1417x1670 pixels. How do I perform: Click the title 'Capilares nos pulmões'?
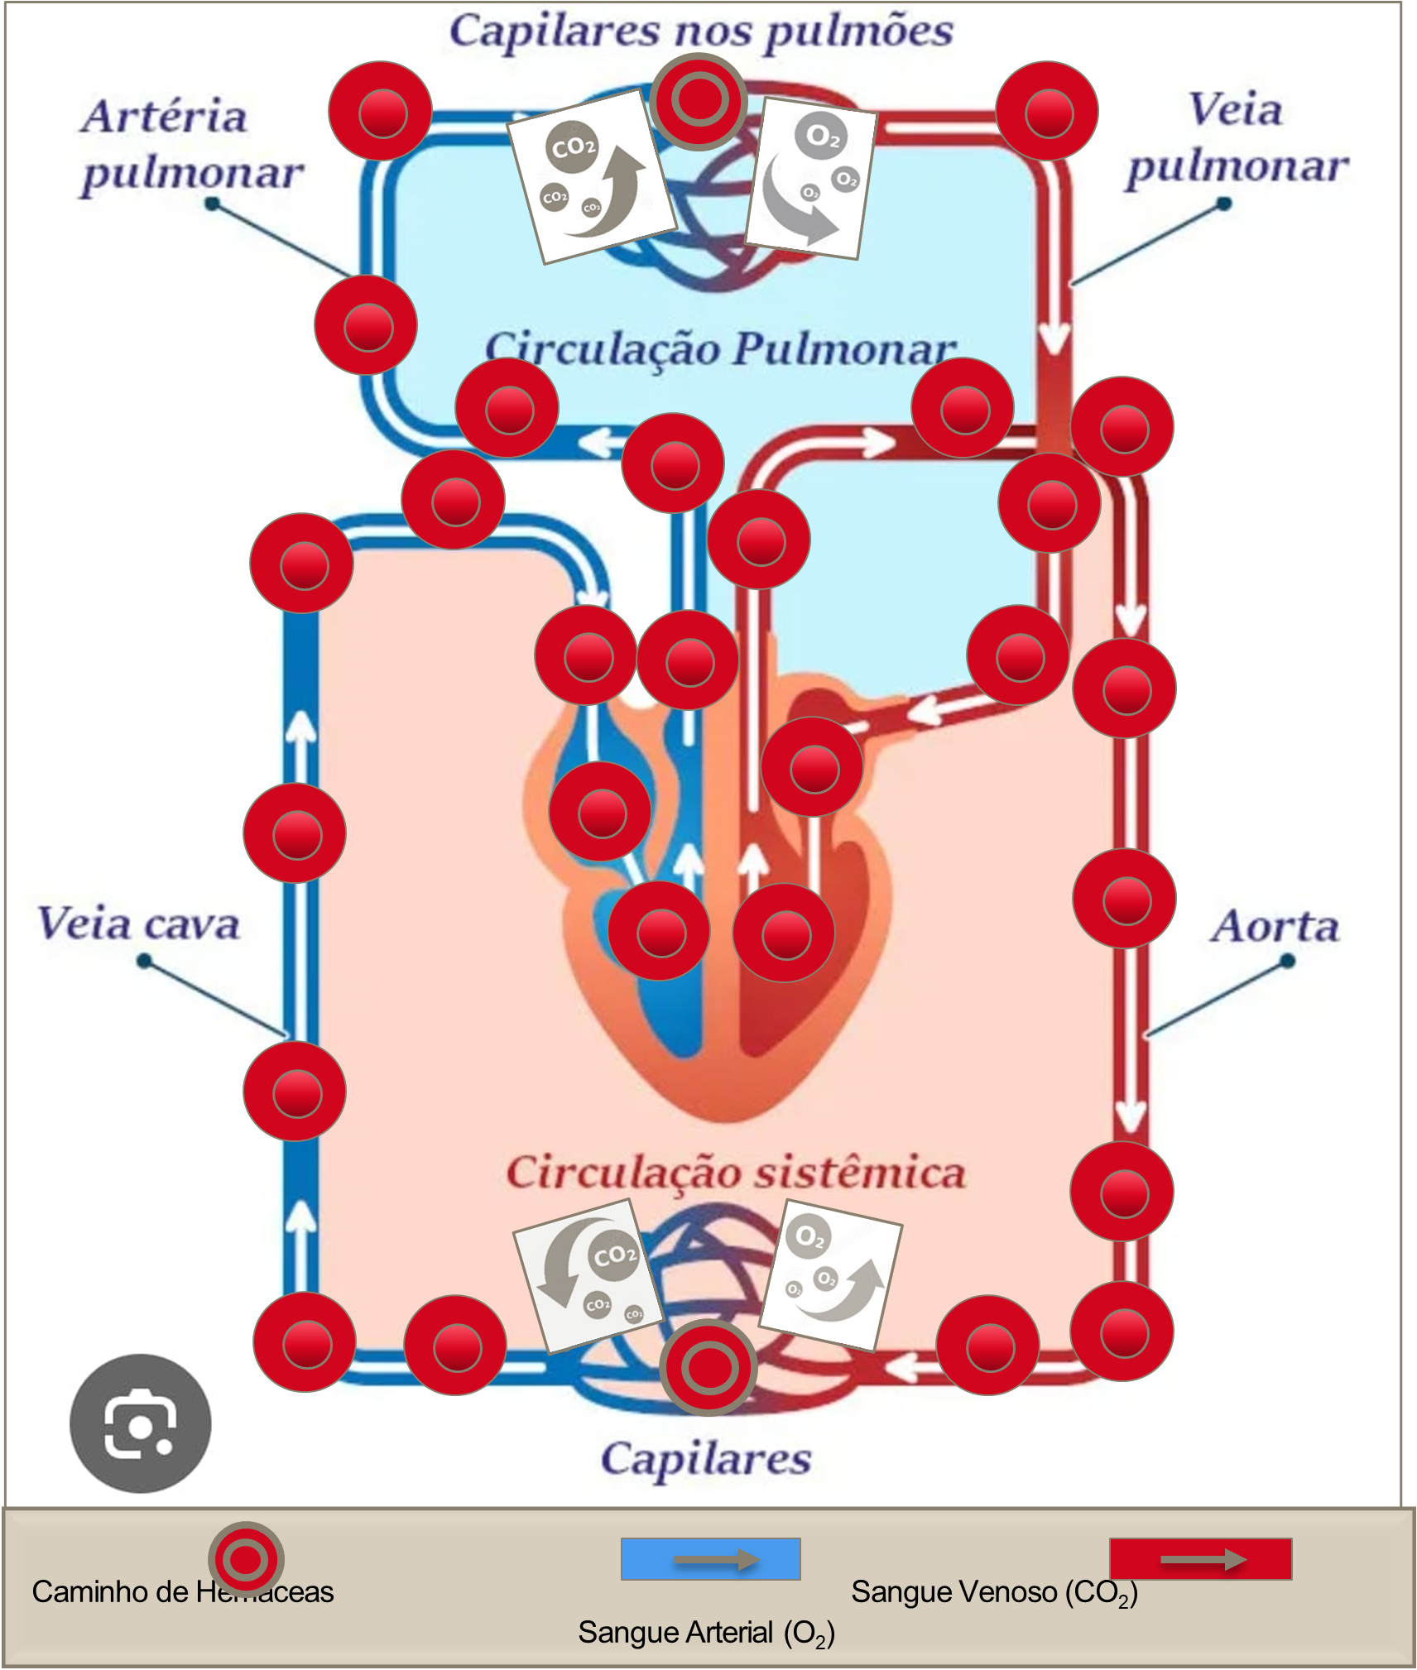click(x=701, y=31)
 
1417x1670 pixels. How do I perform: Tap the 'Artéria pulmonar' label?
click(x=190, y=145)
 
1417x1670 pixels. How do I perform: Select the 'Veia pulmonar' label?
click(x=1237, y=138)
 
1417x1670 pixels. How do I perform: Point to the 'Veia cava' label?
click(x=139, y=924)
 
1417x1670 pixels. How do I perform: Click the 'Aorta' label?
click(x=1275, y=926)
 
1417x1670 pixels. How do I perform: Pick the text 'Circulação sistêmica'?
click(x=736, y=1173)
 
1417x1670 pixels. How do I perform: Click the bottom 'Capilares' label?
click(x=706, y=1459)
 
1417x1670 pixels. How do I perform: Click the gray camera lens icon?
click(x=140, y=1423)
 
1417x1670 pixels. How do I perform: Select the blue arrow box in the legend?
click(x=710, y=1559)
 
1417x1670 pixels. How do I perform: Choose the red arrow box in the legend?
click(x=1200, y=1559)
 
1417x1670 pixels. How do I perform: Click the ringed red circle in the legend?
click(x=246, y=1560)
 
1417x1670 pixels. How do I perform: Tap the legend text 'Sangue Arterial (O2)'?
click(x=706, y=1634)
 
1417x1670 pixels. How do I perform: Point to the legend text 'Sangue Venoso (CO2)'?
click(x=994, y=1592)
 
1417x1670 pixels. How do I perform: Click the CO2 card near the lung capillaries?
click(x=591, y=176)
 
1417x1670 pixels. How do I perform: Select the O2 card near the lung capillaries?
click(x=810, y=177)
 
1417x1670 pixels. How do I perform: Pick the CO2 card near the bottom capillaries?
click(x=588, y=1275)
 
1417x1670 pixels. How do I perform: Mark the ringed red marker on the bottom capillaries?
click(x=708, y=1368)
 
